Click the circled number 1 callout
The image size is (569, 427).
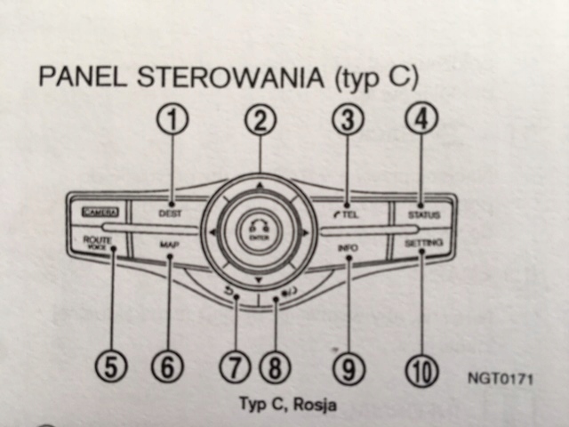coord(175,121)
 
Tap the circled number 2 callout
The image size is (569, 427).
coord(260,122)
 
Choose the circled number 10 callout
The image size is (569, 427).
coord(419,368)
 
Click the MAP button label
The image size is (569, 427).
coord(170,244)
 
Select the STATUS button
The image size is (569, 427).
coord(423,214)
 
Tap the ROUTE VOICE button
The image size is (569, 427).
coord(95,243)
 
